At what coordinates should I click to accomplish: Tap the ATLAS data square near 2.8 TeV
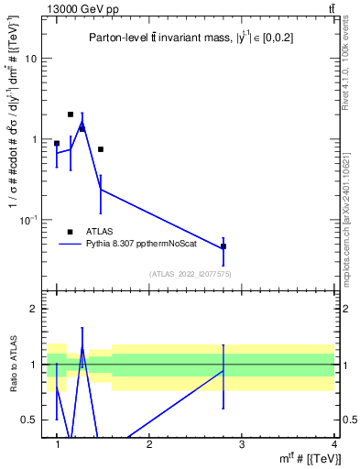coord(224,246)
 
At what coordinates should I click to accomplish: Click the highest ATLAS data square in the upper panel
coord(71,115)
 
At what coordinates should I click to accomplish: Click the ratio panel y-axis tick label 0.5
coord(32,420)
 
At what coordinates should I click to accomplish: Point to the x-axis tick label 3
coord(241,443)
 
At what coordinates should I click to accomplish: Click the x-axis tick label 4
coord(333,443)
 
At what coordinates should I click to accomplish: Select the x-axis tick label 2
coord(149,443)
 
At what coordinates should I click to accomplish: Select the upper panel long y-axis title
coord(14,151)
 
